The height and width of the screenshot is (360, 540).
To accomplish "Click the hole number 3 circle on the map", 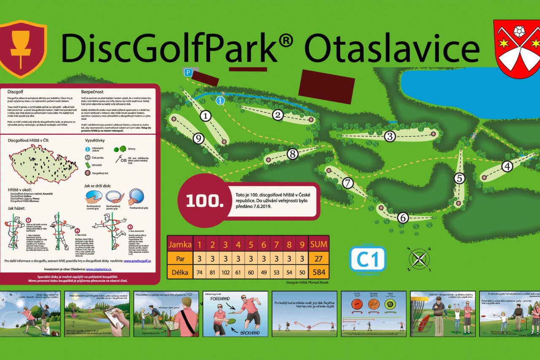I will click(x=389, y=136).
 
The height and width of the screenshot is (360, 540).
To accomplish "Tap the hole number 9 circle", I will click(x=199, y=138).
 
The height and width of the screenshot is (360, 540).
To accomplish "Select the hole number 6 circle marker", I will click(x=403, y=218).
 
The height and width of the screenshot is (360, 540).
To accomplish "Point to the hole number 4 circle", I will click(x=507, y=167).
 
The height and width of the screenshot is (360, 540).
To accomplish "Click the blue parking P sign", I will click(x=188, y=73).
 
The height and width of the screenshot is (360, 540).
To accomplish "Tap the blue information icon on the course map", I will click(x=220, y=100).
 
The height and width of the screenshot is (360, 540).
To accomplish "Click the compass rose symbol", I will click(x=419, y=258).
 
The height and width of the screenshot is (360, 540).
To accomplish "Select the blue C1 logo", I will click(x=367, y=259).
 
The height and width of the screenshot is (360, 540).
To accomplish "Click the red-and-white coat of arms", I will click(x=517, y=49).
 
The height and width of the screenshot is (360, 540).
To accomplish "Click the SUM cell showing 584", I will click(x=319, y=272).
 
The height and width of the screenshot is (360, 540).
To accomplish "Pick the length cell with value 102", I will click(x=225, y=272).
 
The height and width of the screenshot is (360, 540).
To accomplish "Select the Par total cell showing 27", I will click(x=319, y=258).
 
